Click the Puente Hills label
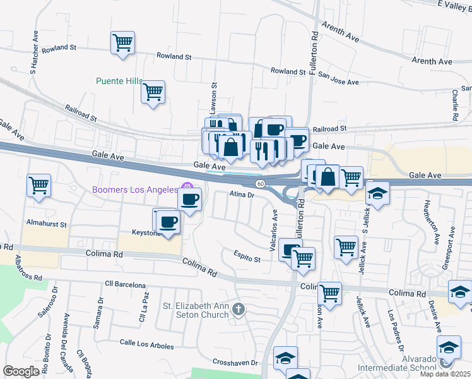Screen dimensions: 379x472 pos(119,81)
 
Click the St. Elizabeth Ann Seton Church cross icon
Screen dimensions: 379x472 pos(238,309)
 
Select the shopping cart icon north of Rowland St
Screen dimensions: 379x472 pos(122,44)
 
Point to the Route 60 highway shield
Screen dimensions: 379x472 pos(261,183)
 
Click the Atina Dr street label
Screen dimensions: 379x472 pos(242,195)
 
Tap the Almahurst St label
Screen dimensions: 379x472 pos(46,224)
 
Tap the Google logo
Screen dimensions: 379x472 pos(21,371)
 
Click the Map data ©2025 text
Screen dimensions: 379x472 pos(445,374)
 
